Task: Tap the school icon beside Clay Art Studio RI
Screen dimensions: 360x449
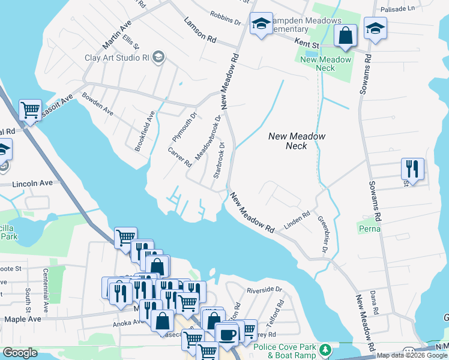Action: tap(158, 57)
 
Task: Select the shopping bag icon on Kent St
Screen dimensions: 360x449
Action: tap(346, 36)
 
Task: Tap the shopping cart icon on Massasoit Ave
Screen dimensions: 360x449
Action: tap(30, 110)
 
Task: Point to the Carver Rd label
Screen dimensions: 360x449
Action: tap(179, 157)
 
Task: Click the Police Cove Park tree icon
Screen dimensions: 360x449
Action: tap(325, 349)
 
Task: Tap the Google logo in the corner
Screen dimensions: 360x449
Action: tap(20, 353)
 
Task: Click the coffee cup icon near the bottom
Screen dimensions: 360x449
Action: tap(227, 334)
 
